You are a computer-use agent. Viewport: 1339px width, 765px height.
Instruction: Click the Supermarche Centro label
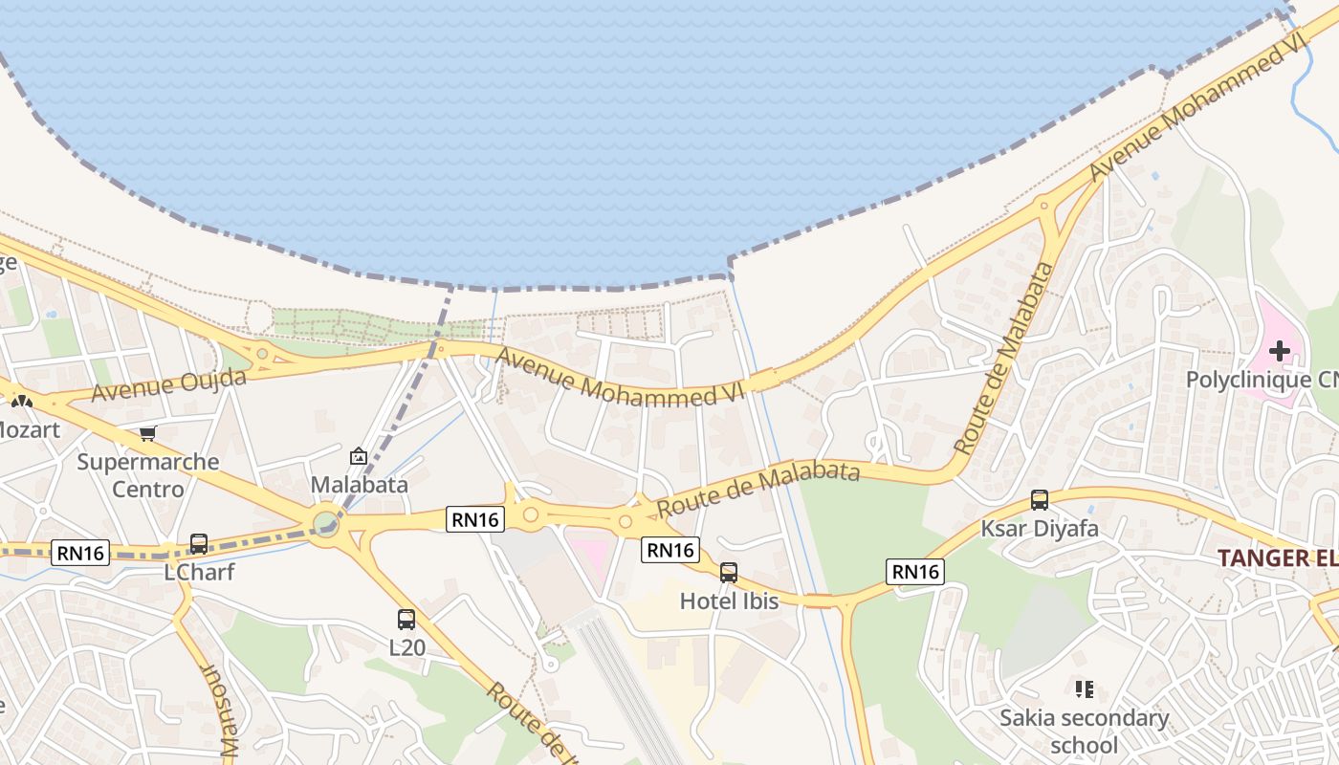(x=147, y=475)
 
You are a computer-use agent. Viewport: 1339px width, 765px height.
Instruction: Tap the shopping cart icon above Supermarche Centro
(x=147, y=434)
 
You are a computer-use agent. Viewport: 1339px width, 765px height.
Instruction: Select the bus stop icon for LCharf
(x=199, y=543)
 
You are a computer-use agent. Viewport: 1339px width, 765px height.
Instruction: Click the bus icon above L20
(x=406, y=619)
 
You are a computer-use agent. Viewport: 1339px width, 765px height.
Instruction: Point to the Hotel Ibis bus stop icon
(x=729, y=573)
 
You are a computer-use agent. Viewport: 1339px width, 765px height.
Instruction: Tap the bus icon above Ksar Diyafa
(x=1040, y=499)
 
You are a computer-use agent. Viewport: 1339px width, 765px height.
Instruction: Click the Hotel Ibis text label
(x=729, y=601)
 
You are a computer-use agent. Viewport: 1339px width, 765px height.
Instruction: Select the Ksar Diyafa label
(x=1040, y=529)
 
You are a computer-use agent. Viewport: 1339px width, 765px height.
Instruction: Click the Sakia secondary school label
(x=1084, y=731)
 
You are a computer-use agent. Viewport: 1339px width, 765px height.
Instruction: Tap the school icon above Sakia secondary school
(x=1084, y=688)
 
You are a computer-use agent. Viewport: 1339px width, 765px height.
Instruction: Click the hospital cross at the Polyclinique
(x=1279, y=351)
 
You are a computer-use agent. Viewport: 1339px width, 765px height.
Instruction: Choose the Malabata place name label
(x=359, y=485)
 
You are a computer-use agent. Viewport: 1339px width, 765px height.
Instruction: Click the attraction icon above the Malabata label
(x=359, y=456)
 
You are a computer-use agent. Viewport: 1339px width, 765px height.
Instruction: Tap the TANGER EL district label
(x=1277, y=557)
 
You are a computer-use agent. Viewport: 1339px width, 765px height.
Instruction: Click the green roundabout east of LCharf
(x=325, y=523)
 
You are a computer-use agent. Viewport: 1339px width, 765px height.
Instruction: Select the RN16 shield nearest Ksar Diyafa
(x=915, y=572)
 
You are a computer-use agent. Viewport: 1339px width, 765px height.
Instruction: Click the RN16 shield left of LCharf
(x=81, y=552)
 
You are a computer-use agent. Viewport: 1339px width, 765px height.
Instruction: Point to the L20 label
(x=406, y=647)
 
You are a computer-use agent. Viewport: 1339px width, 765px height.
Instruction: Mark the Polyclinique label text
(x=1262, y=380)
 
